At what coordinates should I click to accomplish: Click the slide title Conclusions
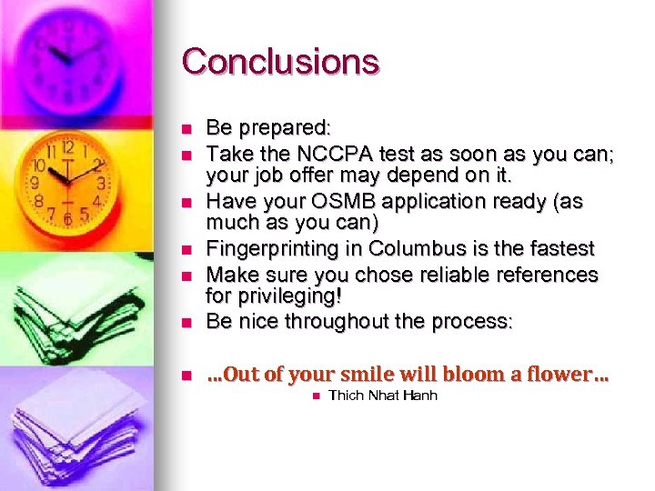click(x=280, y=62)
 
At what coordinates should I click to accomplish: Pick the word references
click(x=537, y=275)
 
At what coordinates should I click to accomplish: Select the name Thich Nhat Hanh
click(x=382, y=396)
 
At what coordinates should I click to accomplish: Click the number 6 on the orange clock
click(x=66, y=219)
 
